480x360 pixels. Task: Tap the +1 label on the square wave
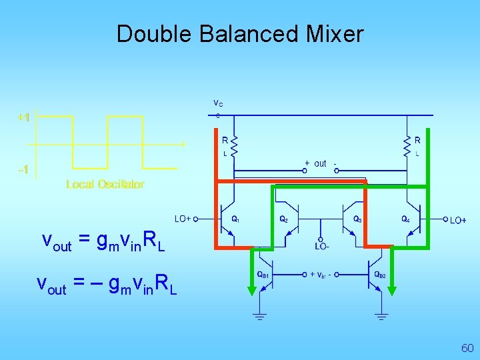point(23,117)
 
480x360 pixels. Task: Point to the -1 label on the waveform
point(23,169)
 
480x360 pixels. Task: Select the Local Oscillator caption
point(105,184)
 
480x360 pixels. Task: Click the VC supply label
point(218,103)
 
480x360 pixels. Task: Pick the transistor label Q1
point(236,219)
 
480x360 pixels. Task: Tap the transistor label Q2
point(283,219)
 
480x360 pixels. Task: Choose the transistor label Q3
point(357,219)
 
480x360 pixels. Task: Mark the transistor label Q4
point(405,219)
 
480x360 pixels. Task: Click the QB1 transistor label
point(264,274)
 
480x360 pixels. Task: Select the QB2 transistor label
point(379,274)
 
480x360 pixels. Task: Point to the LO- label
point(323,247)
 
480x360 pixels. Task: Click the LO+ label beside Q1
point(183,219)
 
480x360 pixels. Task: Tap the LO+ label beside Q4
point(458,220)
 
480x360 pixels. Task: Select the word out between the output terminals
point(320,163)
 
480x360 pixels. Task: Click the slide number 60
point(467,348)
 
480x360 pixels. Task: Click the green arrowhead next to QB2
point(392,289)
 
